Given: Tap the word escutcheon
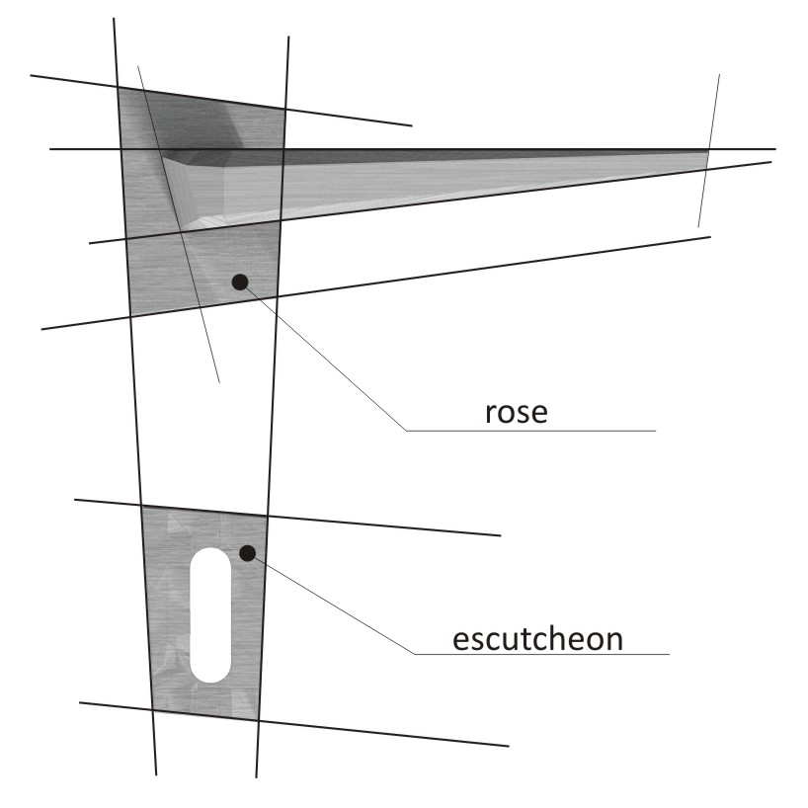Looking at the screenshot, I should (x=537, y=638).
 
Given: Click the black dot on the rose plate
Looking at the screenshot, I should (x=238, y=282).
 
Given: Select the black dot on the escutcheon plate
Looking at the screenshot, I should (x=248, y=552).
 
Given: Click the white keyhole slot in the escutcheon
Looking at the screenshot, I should (x=210, y=613).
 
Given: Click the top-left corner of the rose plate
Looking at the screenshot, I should (x=118, y=87).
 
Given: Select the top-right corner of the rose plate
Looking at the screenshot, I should (x=285, y=109).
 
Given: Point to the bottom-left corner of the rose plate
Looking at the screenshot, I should (x=130, y=316).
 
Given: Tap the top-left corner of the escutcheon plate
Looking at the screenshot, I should (x=143, y=506).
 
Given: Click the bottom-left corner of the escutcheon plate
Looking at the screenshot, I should (x=152, y=709).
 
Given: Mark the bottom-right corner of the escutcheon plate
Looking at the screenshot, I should (x=259, y=720).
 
